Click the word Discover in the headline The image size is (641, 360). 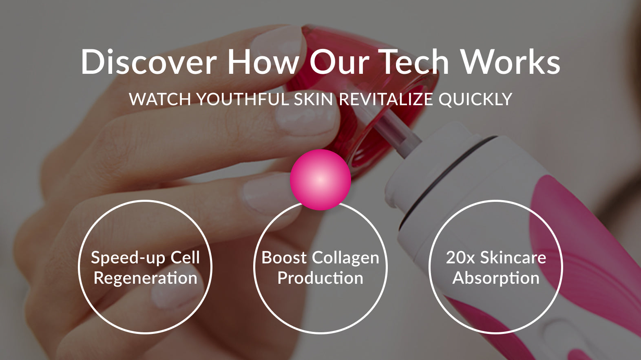[149, 62]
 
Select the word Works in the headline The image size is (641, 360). [511, 62]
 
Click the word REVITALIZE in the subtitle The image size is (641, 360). [386, 99]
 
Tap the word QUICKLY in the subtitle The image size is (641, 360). [475, 99]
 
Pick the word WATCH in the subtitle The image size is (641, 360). [160, 99]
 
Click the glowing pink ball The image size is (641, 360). [320, 180]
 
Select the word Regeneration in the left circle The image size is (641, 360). [146, 278]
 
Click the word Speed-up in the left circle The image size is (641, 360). [128, 258]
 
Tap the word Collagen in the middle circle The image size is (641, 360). [345, 258]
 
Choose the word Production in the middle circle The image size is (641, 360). [320, 278]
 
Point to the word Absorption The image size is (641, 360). [496, 278]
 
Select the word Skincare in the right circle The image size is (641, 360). [513, 257]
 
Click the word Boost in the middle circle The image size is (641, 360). [284, 257]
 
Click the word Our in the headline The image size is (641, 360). [339, 62]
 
